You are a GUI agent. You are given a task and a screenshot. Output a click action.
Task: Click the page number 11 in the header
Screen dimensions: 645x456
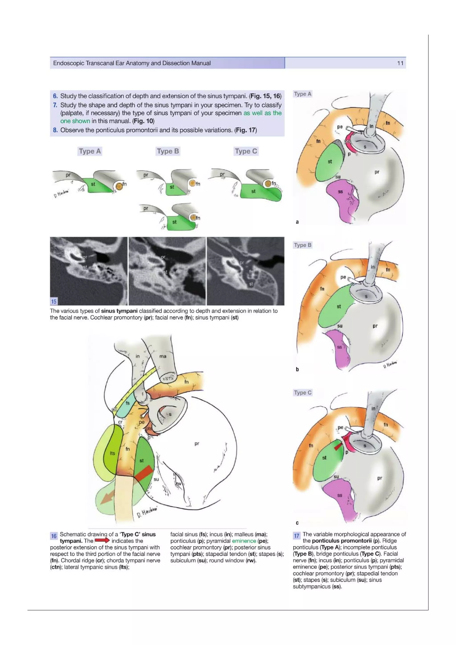(x=400, y=63)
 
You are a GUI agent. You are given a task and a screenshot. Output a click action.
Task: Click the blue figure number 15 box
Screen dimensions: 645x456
(x=54, y=301)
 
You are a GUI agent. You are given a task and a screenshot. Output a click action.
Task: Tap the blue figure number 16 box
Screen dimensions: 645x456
(x=54, y=536)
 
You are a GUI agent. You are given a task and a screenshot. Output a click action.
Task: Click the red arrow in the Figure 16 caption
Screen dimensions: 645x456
(x=102, y=541)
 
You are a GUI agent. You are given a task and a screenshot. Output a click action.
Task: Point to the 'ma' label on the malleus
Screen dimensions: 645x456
(x=163, y=356)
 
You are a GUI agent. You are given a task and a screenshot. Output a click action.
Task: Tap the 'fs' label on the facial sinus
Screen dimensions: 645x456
(x=128, y=403)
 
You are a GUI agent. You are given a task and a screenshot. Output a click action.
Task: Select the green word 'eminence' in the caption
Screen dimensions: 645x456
(x=244, y=541)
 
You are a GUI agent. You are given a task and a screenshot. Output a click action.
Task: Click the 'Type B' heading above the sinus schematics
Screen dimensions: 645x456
(x=168, y=151)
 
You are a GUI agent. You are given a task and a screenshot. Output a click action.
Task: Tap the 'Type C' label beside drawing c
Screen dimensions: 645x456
(x=303, y=392)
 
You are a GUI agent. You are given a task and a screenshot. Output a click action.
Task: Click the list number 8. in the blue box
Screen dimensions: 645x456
(x=55, y=130)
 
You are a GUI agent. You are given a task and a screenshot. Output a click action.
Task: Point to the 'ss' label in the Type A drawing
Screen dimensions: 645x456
(x=340, y=192)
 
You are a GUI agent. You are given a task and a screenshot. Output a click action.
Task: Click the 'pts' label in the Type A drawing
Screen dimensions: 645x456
(x=347, y=142)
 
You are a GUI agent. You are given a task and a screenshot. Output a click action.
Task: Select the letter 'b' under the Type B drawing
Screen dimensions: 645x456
(x=297, y=369)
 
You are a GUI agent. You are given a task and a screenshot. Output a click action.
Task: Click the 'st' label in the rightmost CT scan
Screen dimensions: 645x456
(x=251, y=284)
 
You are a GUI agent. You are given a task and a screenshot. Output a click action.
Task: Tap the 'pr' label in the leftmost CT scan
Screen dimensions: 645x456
(x=85, y=257)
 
